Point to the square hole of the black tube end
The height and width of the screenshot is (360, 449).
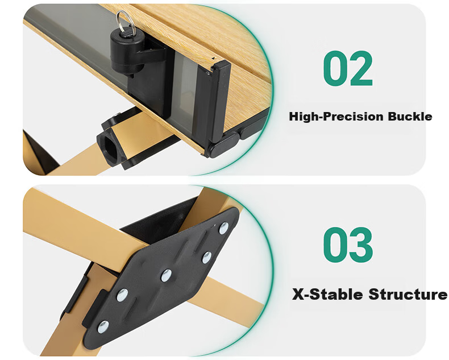[110, 148]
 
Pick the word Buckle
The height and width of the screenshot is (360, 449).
[410, 117]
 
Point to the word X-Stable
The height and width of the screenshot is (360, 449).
[327, 295]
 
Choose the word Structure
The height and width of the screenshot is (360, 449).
[408, 295]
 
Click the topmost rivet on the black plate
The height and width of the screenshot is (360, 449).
[223, 228]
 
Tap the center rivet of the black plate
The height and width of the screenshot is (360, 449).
[166, 275]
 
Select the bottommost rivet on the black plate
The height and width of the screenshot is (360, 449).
[103, 327]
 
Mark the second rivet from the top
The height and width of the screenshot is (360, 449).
[206, 258]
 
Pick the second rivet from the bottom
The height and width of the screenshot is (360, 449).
[122, 295]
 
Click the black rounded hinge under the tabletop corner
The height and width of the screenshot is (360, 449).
[223, 145]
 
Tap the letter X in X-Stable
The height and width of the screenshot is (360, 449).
[298, 295]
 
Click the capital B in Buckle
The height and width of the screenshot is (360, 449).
[392, 117]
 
